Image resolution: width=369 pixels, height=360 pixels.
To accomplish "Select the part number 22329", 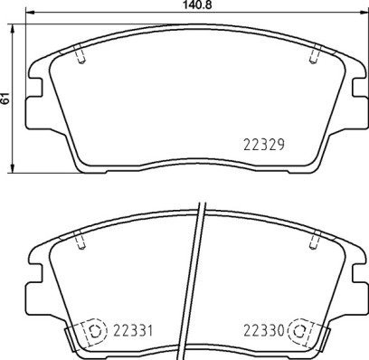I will pos(264,142).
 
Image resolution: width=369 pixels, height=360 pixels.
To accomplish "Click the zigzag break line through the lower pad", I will pos(198,280).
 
